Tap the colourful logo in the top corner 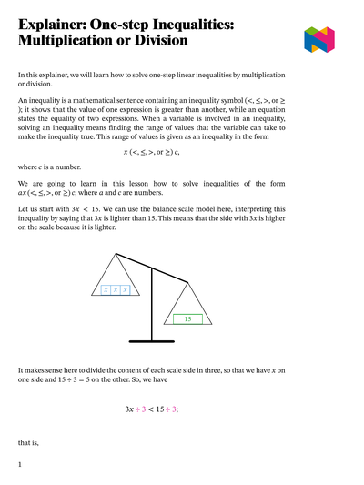coord(320,39)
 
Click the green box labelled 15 coord(187,319)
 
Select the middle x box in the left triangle coord(116,290)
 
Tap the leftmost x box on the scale coord(106,290)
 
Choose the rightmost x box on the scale coord(126,290)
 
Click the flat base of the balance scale coord(151,340)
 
